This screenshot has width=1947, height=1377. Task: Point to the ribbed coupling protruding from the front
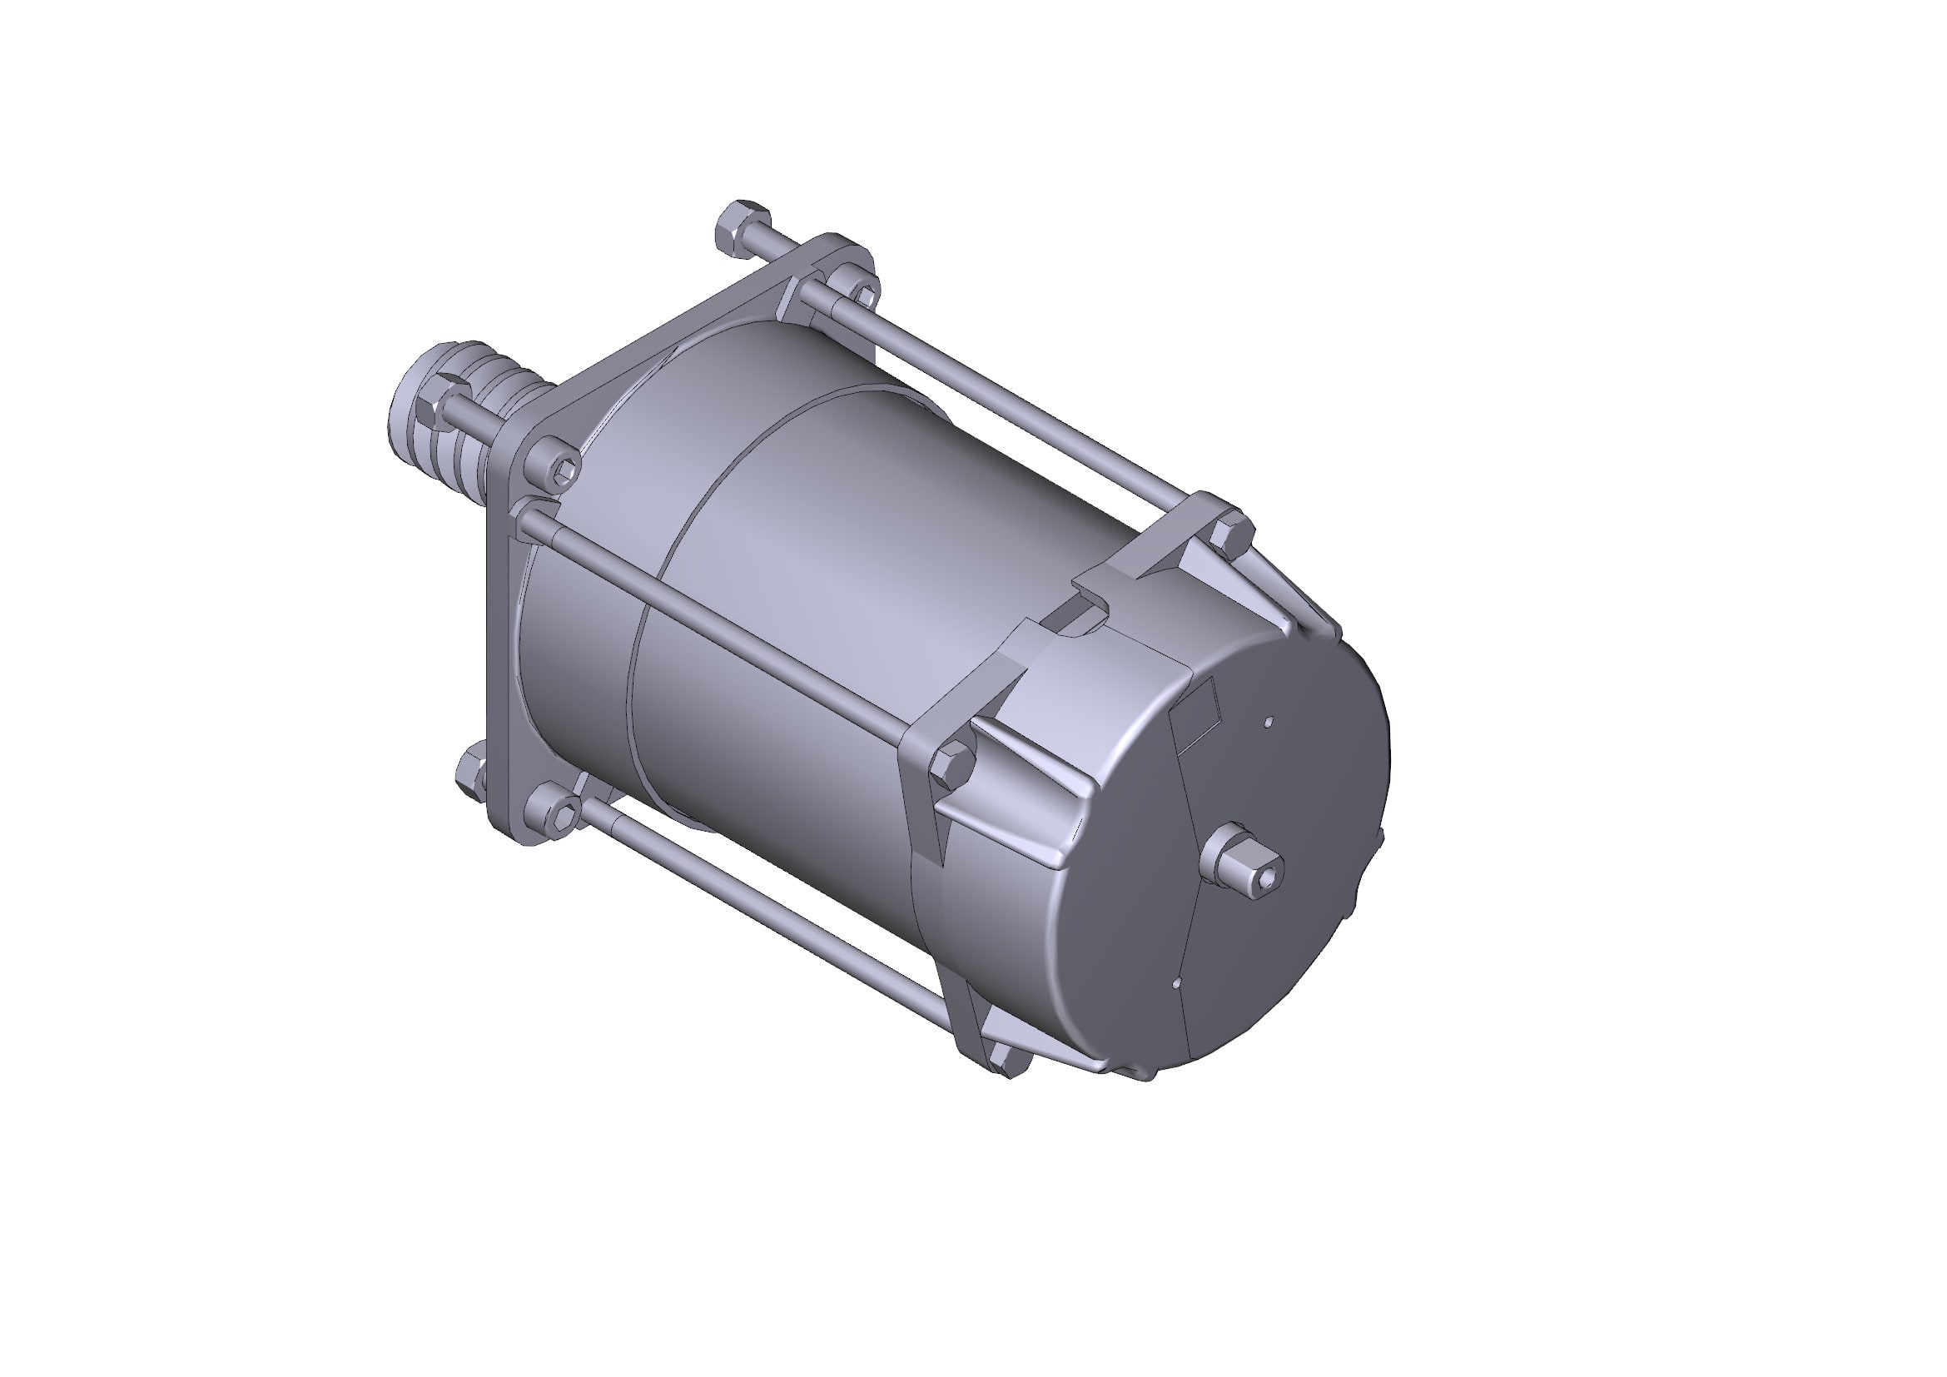pos(492,399)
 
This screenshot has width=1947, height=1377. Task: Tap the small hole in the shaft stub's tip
pos(1267,882)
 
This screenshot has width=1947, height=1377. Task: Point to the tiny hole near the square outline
pos(1269,723)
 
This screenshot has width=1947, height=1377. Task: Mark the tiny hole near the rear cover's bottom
pos(1177,984)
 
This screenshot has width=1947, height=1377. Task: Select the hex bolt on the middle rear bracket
pos(951,764)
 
